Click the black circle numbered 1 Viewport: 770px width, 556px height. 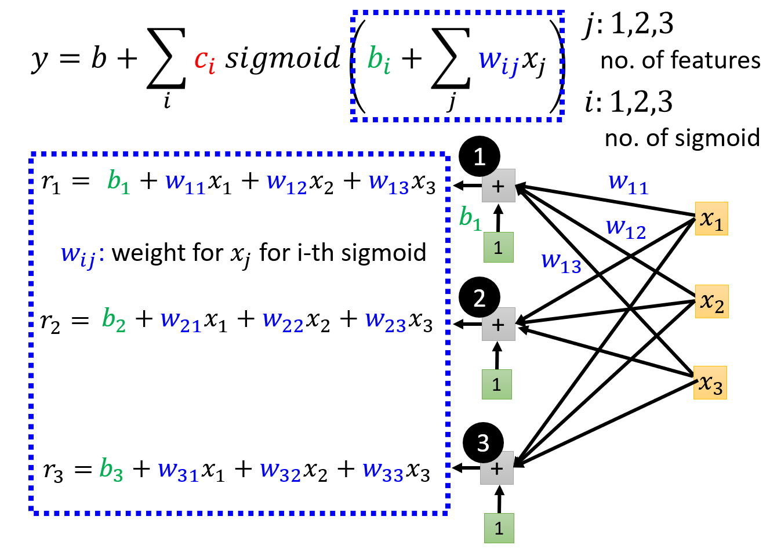click(479, 157)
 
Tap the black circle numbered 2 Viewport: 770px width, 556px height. click(479, 297)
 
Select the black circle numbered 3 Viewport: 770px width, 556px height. click(484, 443)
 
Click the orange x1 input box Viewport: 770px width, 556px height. click(711, 219)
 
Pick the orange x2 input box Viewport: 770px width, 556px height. click(712, 301)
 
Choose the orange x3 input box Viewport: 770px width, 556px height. click(710, 383)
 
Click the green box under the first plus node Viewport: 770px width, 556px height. click(499, 248)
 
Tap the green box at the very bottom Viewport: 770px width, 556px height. click(499, 528)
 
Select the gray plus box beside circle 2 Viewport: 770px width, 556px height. click(499, 324)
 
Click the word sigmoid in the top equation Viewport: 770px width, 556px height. click(282, 59)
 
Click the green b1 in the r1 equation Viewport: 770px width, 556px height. click(119, 182)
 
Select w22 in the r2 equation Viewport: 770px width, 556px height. click(283, 322)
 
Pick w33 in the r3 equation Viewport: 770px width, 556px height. click(383, 472)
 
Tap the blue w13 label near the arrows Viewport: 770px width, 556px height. click(561, 263)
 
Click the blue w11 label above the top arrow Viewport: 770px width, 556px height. click(628, 184)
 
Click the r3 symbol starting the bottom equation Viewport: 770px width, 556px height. click(53, 472)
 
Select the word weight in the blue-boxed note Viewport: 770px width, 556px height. click(150, 253)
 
